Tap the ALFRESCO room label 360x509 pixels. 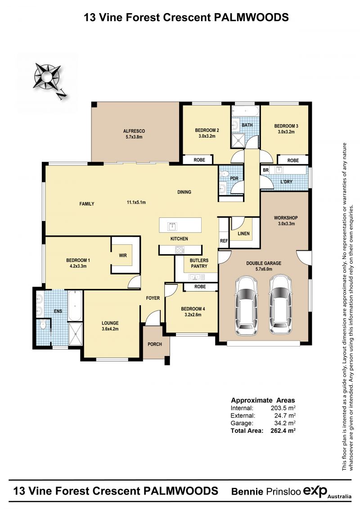(134, 131)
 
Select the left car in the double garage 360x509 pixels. (247, 305)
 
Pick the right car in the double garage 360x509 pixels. (281, 305)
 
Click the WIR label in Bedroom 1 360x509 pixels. (123, 256)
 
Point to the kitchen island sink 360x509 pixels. (172, 225)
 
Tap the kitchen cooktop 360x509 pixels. (180, 250)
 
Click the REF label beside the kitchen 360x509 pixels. (224, 241)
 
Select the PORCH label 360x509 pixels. (154, 344)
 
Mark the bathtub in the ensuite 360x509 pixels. (75, 306)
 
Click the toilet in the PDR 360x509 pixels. (224, 174)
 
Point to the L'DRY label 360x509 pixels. (286, 181)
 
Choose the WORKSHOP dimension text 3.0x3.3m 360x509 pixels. (286, 223)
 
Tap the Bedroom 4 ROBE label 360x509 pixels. (200, 287)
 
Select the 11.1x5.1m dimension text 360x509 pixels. (136, 202)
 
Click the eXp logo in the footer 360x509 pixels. (315, 491)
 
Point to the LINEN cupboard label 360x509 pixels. (243, 234)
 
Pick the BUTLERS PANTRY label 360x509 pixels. (199, 263)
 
